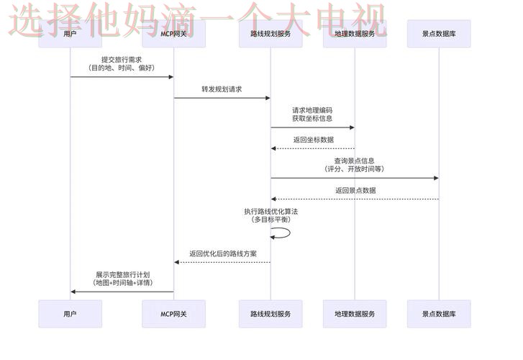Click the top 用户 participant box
70,33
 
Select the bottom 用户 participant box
70,314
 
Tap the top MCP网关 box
173,33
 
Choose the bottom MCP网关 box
173,314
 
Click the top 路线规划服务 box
270,33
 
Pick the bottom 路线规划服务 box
270,314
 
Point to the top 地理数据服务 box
355,33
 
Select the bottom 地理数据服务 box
355,314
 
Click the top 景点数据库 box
438,33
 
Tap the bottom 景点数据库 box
438,314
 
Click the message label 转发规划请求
222,89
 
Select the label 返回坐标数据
313,140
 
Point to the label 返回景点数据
355,190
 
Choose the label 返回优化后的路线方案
223,253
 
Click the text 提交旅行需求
121,60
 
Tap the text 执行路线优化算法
270,211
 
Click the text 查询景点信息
354,161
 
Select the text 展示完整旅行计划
122,274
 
